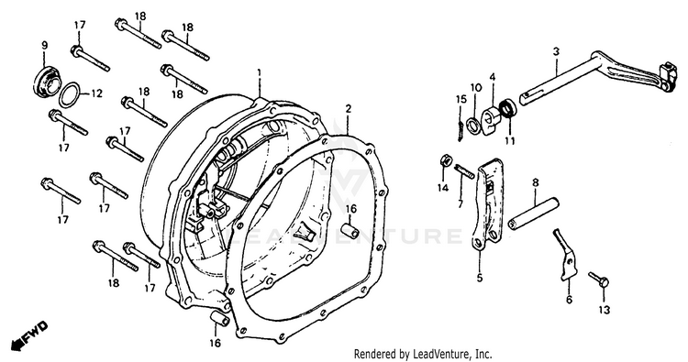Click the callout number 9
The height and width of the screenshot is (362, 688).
click(44, 45)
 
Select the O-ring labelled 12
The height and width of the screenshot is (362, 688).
click(70, 94)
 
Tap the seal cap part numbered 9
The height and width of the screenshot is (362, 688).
click(47, 81)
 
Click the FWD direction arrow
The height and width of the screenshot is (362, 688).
click(29, 335)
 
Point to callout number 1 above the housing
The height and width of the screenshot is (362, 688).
click(259, 71)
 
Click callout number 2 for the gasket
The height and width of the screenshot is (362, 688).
click(348, 108)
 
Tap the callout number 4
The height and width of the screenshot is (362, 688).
click(493, 78)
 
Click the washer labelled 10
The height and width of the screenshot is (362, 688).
click(474, 125)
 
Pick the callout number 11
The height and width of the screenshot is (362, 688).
click(510, 141)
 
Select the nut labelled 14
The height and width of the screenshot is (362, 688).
click(444, 160)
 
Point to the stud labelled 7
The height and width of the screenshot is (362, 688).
click(464, 170)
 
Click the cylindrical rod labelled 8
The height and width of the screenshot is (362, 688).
click(534, 214)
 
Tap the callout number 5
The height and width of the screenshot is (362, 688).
click(480, 277)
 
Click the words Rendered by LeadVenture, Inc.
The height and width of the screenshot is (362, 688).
click(423, 353)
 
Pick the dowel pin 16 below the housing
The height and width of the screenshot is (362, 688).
click(218, 320)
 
